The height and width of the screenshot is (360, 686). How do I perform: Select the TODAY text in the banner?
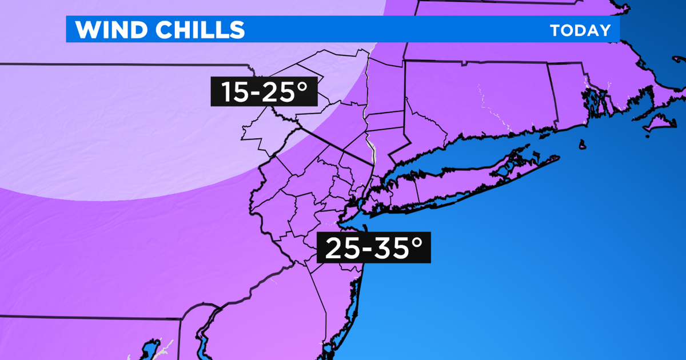tap(581, 30)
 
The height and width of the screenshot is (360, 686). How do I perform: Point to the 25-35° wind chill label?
tap(374, 249)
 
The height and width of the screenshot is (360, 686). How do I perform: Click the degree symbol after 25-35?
tap(416, 242)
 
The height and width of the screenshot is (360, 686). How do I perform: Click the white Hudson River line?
tap(373, 151)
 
